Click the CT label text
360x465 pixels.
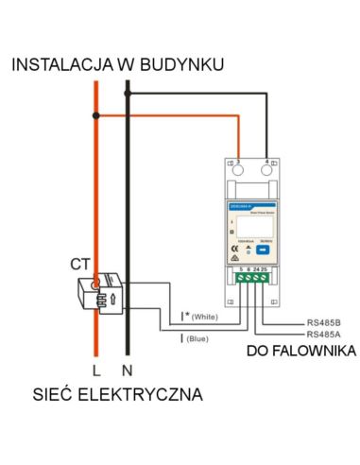point(79,259)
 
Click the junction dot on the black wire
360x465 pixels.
point(130,92)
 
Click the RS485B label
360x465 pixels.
point(325,321)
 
